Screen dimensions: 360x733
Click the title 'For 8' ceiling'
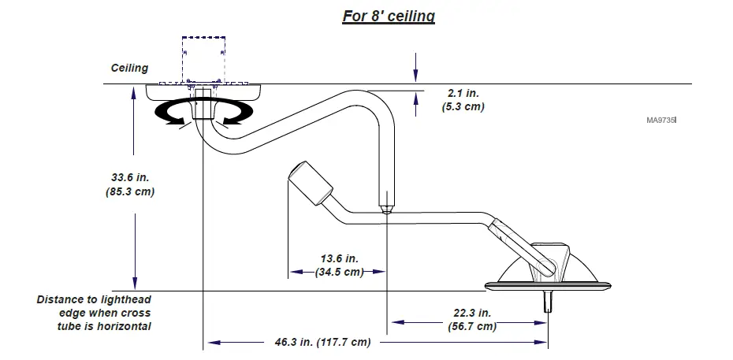[x=388, y=17]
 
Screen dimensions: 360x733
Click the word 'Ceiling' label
[x=129, y=68]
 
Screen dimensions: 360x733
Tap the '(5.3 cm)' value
[x=463, y=106]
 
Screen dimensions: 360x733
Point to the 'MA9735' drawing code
[x=661, y=121]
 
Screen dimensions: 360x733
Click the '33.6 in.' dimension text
[x=129, y=176]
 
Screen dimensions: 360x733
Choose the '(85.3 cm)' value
[x=129, y=191]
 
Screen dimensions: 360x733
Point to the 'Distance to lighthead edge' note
[x=94, y=313]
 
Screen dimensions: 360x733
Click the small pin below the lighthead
[x=545, y=301]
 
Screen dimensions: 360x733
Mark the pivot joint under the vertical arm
[x=386, y=210]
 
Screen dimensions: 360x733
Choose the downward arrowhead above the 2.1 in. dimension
[x=415, y=76]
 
